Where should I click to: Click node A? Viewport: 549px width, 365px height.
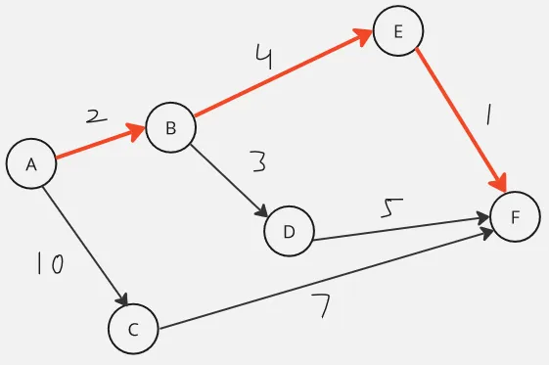click(31, 164)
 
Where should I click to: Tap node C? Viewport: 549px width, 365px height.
click(133, 329)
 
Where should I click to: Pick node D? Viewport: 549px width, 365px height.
click(289, 231)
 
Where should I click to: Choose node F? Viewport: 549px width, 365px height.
click(515, 217)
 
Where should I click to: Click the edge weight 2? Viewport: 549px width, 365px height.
click(95, 117)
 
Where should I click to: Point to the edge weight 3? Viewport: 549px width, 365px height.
click(258, 161)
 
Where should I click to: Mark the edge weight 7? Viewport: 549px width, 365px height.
click(322, 307)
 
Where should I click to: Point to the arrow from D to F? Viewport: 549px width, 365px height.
click(401, 226)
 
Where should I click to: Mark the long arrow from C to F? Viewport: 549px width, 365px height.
click(323, 279)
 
